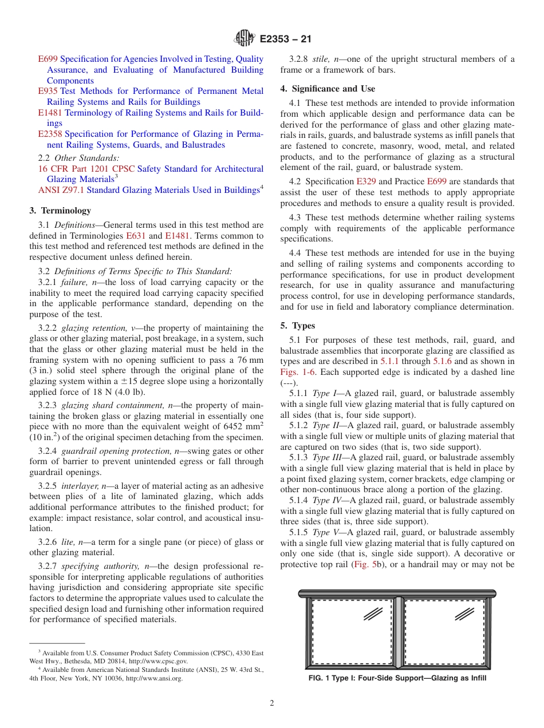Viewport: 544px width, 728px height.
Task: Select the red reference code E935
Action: pyautogui.click(x=48, y=91)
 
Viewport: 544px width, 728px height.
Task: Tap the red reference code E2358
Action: pyautogui.click(x=50, y=134)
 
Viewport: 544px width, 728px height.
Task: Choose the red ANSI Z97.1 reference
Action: pyautogui.click(x=61, y=190)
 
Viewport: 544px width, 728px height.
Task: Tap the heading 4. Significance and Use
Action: pyautogui.click(x=328, y=89)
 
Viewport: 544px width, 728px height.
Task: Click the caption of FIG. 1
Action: pyautogui.click(x=397, y=678)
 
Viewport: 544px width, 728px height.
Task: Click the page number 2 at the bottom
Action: pyautogui.click(x=271, y=703)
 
